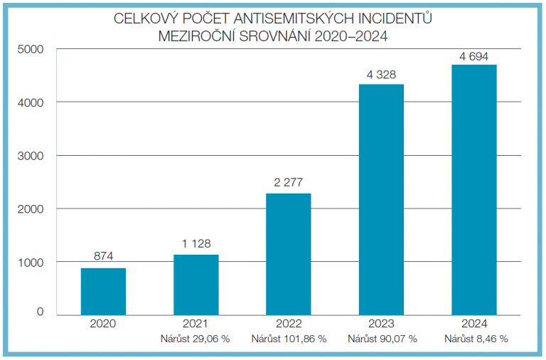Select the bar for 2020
click(103, 290)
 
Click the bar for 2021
click(196, 284)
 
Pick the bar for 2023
click(381, 198)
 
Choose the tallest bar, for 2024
click(474, 189)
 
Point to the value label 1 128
click(196, 243)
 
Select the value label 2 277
click(288, 182)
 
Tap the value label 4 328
click(381, 73)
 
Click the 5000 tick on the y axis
click(31, 49)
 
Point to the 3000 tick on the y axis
click(31, 156)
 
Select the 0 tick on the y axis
click(40, 312)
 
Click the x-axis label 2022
click(288, 324)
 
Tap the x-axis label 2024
click(474, 324)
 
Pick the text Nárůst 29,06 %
click(196, 339)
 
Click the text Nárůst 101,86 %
click(288, 339)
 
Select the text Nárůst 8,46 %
click(476, 339)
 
